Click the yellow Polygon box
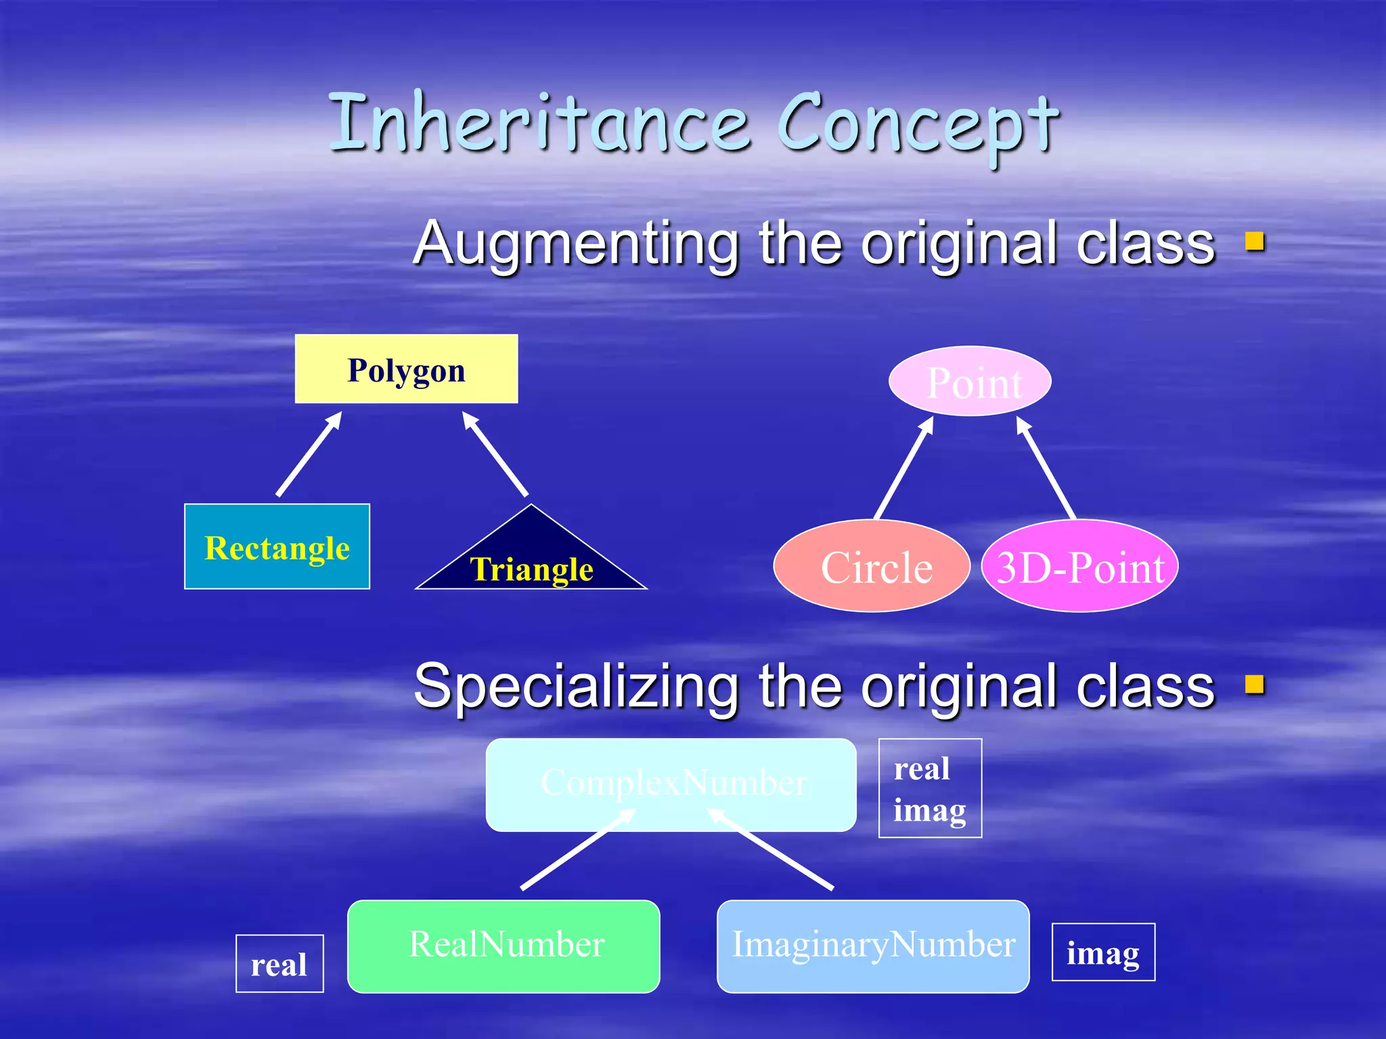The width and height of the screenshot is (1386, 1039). (406, 369)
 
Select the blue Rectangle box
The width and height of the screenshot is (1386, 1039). (277, 547)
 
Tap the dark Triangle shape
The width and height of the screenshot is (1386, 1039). (531, 561)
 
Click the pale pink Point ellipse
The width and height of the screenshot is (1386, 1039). (970, 382)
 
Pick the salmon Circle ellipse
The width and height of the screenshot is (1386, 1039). (872, 566)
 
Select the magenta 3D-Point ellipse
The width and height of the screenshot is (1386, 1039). (1080, 566)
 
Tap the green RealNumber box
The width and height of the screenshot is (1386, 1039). (504, 946)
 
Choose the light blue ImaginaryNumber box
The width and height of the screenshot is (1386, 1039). (873, 946)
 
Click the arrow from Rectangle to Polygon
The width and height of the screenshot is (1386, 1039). (309, 455)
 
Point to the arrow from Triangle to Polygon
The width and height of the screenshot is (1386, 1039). (495, 455)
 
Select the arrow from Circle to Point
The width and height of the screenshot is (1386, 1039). (904, 468)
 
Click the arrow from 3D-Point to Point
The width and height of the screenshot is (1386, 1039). (1046, 468)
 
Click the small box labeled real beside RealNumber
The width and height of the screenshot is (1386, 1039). (280, 963)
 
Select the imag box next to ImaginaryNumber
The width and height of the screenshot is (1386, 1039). (1103, 952)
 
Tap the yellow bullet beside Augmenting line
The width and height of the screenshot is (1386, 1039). (1254, 241)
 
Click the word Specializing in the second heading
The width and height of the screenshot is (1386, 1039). (576, 687)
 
